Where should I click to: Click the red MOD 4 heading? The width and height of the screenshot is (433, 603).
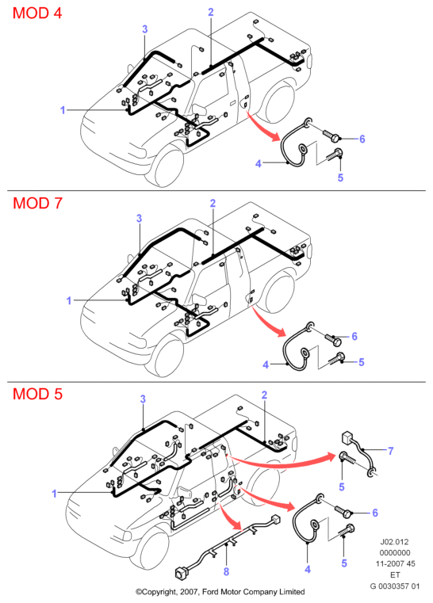37,13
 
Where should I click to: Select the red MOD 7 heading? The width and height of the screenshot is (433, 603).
37,203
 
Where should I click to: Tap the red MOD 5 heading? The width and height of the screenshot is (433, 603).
37,394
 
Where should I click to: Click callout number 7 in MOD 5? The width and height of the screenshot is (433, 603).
391,450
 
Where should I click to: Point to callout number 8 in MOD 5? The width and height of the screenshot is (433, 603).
226,571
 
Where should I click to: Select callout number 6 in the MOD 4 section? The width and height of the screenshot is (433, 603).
362,139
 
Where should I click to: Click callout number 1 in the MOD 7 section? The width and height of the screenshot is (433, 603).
69,300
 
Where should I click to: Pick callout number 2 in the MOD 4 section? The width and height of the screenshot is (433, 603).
211,12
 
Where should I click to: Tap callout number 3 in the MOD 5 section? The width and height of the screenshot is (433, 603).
144,399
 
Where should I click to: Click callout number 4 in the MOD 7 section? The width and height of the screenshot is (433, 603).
266,364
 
